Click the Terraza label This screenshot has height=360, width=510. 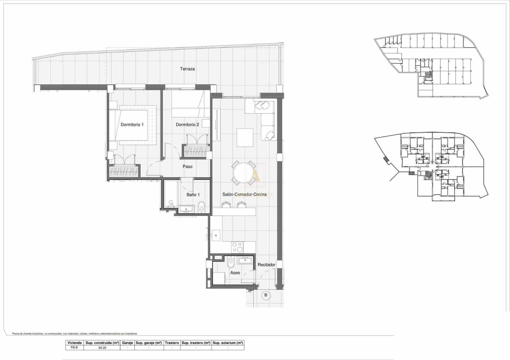(x=187, y=69)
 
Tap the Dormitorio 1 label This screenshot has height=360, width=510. (x=132, y=125)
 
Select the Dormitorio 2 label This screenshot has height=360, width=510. (x=187, y=125)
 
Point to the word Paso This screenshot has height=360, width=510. (x=187, y=166)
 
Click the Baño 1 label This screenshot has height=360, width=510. (x=193, y=195)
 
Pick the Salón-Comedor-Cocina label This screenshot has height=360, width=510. (x=244, y=194)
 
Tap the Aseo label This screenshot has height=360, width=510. (x=235, y=273)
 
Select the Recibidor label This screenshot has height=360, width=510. (x=266, y=265)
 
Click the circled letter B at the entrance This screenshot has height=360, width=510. (x=266, y=295)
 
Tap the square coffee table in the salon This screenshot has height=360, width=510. (x=245, y=137)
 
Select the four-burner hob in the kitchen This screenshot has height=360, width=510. (x=237, y=247)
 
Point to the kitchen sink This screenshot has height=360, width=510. (x=216, y=235)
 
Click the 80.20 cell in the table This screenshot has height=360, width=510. (x=102, y=348)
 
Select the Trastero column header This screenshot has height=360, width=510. (x=172, y=343)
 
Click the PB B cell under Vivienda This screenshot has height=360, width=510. (x=74, y=348)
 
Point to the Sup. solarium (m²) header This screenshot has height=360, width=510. (x=228, y=343)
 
